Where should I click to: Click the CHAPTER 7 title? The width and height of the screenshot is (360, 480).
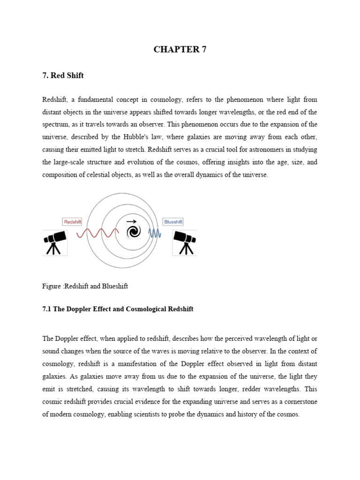180,50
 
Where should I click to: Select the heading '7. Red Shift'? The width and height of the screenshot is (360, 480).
63,75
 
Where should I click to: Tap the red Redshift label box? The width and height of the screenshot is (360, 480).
72,222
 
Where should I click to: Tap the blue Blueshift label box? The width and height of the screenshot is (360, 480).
173,222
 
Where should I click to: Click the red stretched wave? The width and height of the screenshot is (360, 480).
97,233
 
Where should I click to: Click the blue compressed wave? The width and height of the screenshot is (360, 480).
155,233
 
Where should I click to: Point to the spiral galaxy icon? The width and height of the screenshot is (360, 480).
133,232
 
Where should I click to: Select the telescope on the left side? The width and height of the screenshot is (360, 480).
55,242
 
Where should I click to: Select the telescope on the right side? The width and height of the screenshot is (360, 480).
184,242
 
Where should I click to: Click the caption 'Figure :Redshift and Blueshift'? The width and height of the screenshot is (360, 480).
85,286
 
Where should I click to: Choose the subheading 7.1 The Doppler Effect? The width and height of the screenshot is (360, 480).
118,309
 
